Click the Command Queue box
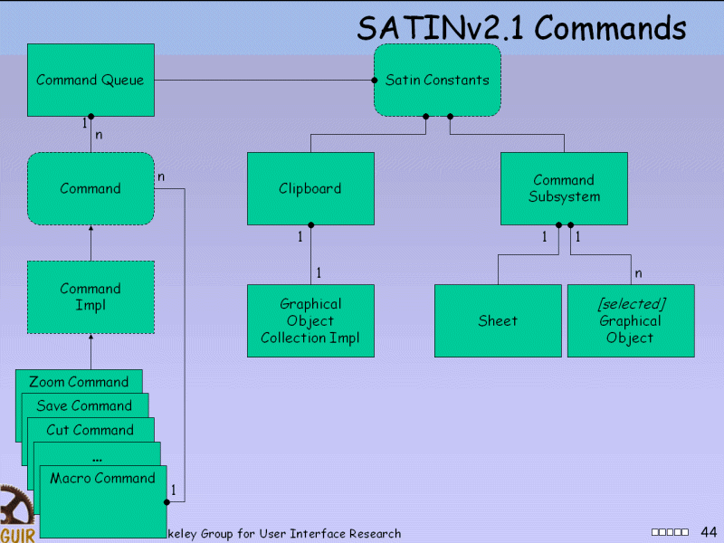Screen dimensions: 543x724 (x=90, y=81)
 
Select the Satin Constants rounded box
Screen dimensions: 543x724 (x=437, y=81)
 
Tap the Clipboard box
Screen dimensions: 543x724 (x=310, y=188)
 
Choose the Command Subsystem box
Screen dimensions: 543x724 (x=564, y=188)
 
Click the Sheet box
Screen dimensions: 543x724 (x=498, y=321)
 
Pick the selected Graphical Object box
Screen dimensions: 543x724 (x=631, y=321)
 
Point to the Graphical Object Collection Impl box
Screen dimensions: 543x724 (x=310, y=321)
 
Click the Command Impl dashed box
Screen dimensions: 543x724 (x=90, y=297)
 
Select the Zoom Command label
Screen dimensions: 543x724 (x=79, y=382)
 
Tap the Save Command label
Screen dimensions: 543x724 (x=84, y=405)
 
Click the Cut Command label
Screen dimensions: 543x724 (x=90, y=430)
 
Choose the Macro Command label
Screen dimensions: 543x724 (x=102, y=478)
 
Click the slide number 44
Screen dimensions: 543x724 (x=709, y=531)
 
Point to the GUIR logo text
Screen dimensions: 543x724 (x=17, y=535)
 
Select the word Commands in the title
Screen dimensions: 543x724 (x=611, y=29)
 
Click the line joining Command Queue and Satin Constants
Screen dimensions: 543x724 (x=262, y=81)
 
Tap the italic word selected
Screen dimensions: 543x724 (x=631, y=304)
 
